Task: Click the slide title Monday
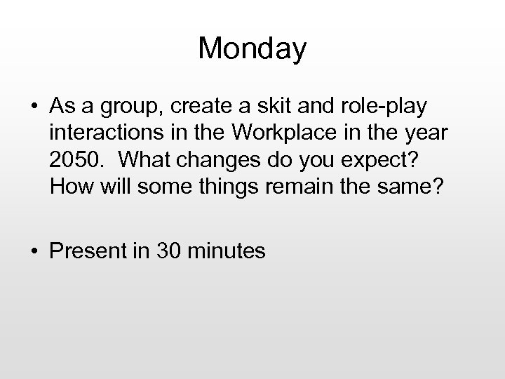click(252, 49)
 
